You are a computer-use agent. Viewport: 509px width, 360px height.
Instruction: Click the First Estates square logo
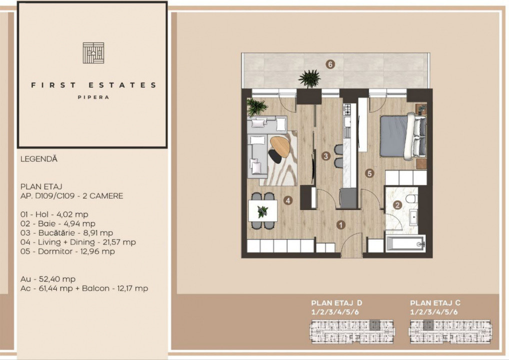[93, 53]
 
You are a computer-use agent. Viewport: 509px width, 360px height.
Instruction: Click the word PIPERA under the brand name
[93, 97]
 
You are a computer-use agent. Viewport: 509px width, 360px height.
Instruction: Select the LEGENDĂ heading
[39, 159]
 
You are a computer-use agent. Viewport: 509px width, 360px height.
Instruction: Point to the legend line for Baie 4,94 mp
[58, 223]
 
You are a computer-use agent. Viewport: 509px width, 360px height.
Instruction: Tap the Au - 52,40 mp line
[48, 279]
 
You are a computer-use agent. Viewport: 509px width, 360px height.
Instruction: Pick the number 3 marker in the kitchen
[326, 156]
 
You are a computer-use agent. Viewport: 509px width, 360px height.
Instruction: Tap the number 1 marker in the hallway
[340, 224]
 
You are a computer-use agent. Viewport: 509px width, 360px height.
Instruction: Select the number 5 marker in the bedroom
[369, 173]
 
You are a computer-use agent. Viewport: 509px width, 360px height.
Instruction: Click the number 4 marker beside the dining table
[287, 200]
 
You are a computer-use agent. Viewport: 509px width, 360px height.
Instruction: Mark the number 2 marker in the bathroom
[397, 204]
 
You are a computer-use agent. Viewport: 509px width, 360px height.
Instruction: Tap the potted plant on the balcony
[309, 78]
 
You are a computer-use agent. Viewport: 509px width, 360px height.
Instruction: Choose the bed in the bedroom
[402, 135]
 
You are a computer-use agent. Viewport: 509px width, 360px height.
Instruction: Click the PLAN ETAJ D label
[336, 303]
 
